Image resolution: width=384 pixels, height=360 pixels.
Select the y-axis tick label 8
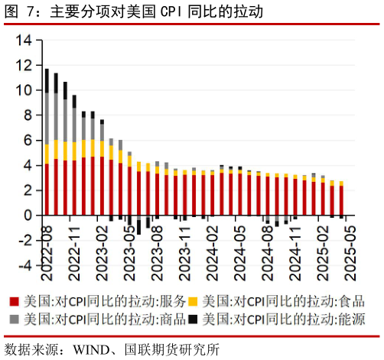coord(27,115)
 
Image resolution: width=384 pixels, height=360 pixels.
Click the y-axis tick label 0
coord(27,216)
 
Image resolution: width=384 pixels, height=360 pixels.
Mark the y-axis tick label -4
coord(24,266)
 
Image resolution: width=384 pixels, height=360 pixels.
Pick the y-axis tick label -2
coord(24,241)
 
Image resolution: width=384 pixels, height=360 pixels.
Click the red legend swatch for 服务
coord(13,301)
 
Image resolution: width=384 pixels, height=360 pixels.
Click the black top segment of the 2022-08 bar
coord(47,80)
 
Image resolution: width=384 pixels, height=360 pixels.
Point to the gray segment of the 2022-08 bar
coord(47,118)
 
